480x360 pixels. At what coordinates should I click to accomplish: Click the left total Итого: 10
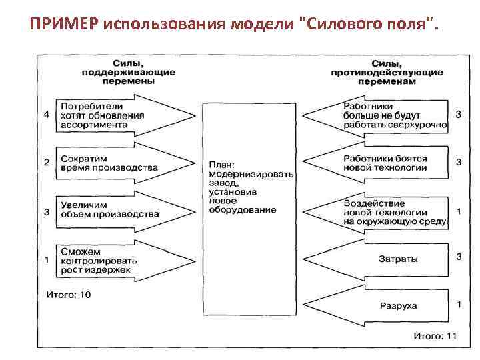tap(68, 295)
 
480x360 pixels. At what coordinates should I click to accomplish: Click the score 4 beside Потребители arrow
tap(46, 115)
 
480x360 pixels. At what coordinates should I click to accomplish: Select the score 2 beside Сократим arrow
tap(46, 162)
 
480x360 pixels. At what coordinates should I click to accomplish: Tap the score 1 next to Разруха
tap(459, 304)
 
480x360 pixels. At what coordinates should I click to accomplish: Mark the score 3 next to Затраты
tap(459, 256)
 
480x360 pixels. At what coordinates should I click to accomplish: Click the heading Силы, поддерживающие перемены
tap(119, 71)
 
